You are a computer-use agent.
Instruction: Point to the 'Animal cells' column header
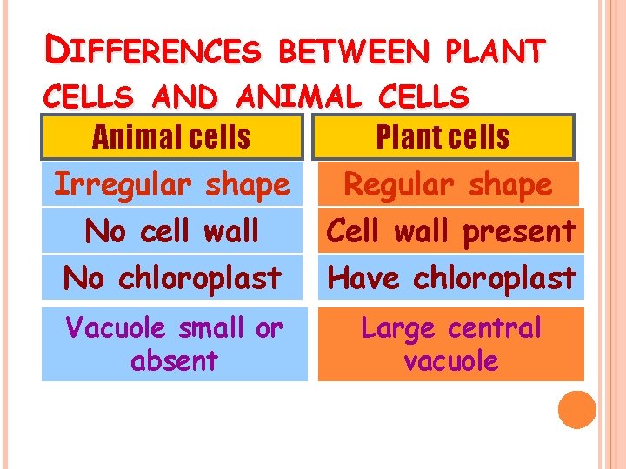[x=172, y=136]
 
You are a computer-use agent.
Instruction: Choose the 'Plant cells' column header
[x=443, y=136]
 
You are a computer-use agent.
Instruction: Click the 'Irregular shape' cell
[x=172, y=184]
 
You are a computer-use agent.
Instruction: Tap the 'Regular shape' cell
[x=449, y=184]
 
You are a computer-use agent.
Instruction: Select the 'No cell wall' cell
[x=172, y=231]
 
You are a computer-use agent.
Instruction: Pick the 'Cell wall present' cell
[x=450, y=231]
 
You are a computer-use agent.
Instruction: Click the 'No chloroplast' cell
[x=172, y=278]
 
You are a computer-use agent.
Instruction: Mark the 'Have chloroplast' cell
[x=450, y=278]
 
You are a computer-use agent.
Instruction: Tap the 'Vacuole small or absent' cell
[x=174, y=344]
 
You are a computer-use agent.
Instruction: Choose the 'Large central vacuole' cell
[x=450, y=344]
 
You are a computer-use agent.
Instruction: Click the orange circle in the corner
[x=577, y=410]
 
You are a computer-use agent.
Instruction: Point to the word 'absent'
[x=174, y=360]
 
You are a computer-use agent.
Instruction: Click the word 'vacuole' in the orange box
[x=450, y=360]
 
